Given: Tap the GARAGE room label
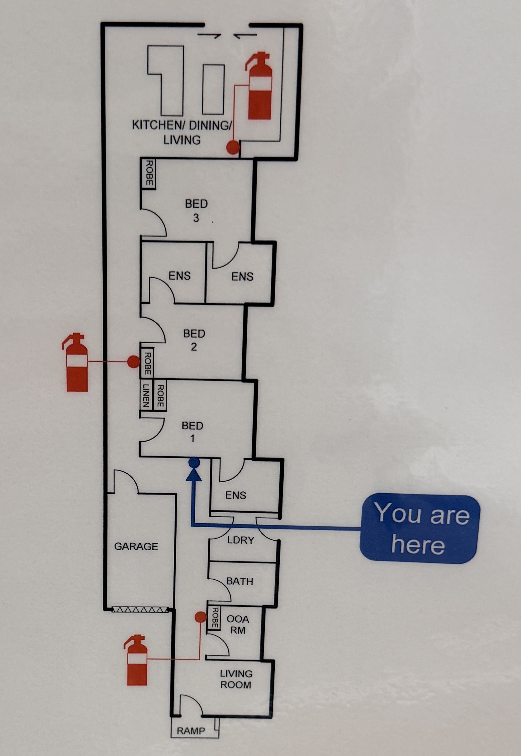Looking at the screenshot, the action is point(136,546).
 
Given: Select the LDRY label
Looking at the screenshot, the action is point(241,540).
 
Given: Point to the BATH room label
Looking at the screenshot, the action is point(239,581).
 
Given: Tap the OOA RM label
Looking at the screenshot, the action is point(238,630).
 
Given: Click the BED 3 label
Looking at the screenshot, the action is point(196,211).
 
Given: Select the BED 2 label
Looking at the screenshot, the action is point(194,340).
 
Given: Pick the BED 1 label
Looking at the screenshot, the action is point(192,432).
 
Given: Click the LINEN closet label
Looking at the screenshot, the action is point(146,395).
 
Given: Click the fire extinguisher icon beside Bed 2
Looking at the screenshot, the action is point(75,362).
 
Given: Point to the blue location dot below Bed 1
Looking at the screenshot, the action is point(194,462).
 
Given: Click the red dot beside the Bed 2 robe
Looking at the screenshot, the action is point(133,362).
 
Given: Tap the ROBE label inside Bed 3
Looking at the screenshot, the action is point(149,173).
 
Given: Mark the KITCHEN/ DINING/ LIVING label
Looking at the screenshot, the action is point(182,132).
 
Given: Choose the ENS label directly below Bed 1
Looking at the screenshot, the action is point(235,495).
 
